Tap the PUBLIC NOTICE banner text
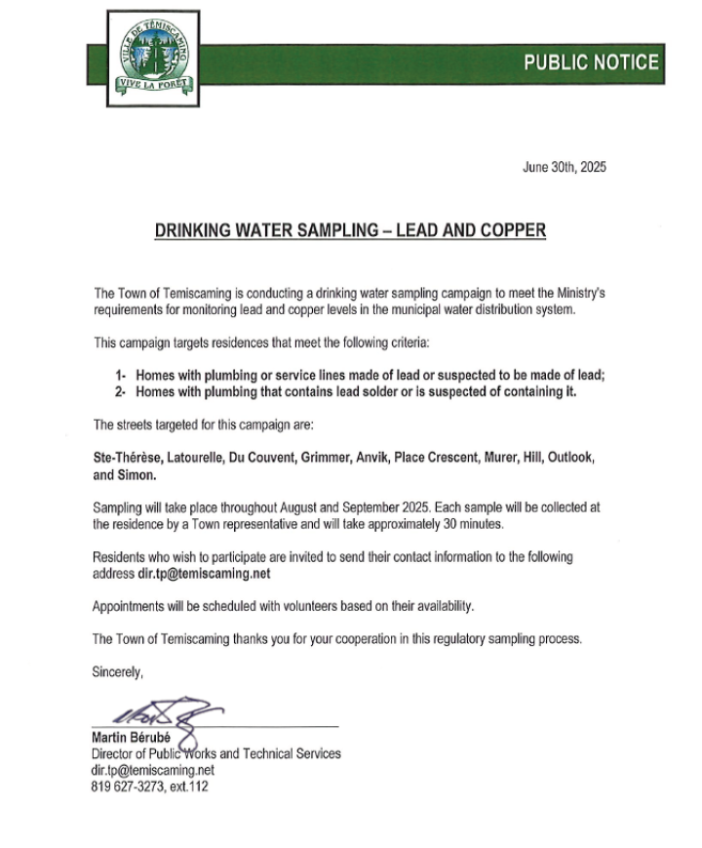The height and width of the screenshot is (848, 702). [591, 62]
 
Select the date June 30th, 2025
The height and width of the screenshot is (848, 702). [565, 167]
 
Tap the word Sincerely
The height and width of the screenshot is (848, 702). [117, 672]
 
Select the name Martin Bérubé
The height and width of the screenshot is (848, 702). [133, 739]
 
